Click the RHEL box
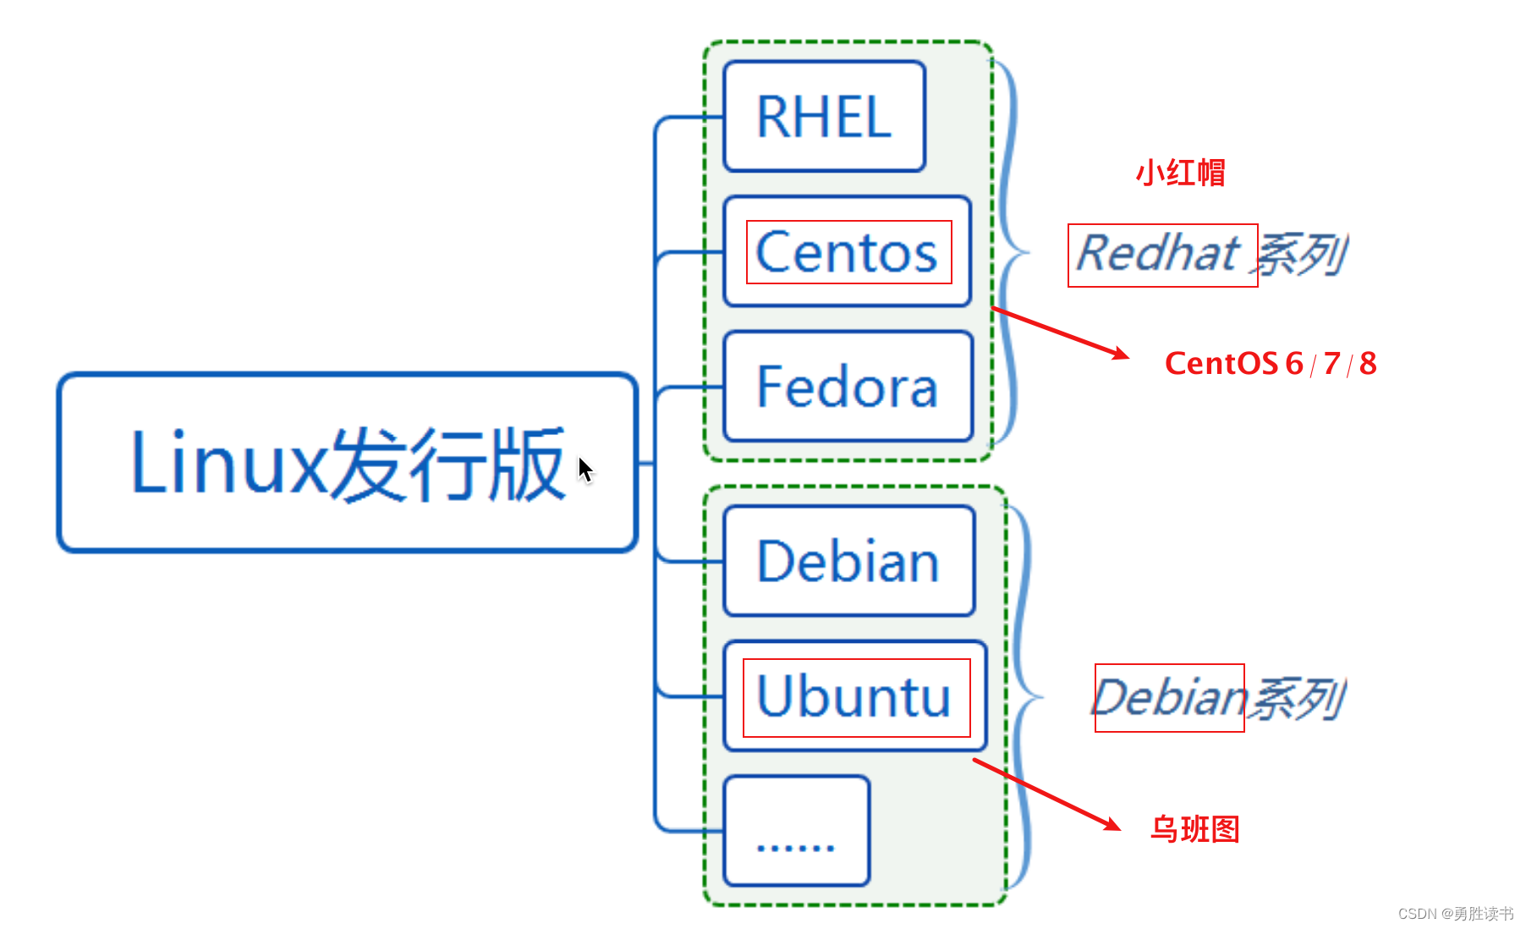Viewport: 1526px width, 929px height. pos(825,117)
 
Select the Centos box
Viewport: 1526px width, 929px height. pos(848,251)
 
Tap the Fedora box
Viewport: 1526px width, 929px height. pos(848,387)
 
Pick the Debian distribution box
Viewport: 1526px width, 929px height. pos(849,561)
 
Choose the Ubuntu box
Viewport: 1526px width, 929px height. pos(855,696)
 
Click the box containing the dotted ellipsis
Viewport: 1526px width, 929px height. pos(797,831)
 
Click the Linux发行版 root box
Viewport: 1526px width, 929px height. pos(348,463)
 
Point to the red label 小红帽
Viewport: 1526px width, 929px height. pos(1180,173)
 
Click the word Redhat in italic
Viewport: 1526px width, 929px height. pos(1158,253)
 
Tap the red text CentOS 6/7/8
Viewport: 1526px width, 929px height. pos(1271,364)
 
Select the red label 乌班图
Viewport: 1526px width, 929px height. pos(1195,829)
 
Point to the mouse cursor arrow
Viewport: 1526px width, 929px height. pos(585,470)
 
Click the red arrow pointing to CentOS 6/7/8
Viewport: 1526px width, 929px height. pos(1060,333)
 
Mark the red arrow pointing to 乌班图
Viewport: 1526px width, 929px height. pos(1047,794)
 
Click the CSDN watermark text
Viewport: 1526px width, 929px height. pos(1456,914)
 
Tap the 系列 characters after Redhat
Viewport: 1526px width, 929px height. pos(1301,255)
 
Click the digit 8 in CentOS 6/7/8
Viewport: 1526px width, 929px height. pos(1368,364)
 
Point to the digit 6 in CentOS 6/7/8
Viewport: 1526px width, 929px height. pos(1294,364)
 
